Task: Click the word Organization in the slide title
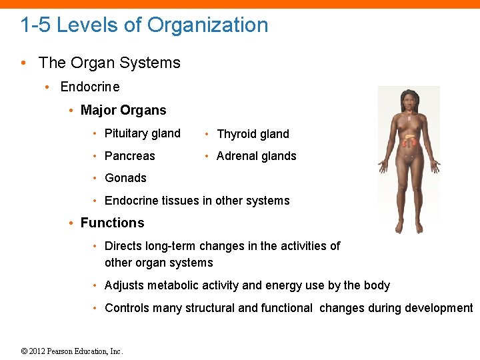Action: pos(207,25)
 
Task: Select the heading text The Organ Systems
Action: pos(109,63)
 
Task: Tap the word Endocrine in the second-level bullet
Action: pos(90,87)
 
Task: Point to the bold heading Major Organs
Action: pos(123,110)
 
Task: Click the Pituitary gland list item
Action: pos(142,133)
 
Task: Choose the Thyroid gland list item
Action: pos(253,134)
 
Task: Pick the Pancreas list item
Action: pos(129,156)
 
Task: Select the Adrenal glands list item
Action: pos(257,156)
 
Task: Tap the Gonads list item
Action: pos(125,178)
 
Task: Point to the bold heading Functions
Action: pos(112,223)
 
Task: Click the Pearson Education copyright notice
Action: pos(72,351)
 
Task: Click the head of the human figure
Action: pos(407,101)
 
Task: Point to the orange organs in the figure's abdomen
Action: pos(409,140)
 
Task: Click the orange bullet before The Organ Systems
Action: pos(24,63)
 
